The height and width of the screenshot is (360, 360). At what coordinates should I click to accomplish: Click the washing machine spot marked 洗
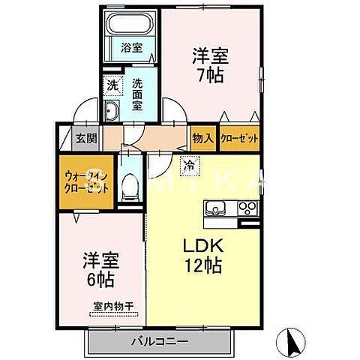point(111,85)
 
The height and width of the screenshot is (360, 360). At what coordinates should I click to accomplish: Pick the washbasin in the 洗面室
point(110,112)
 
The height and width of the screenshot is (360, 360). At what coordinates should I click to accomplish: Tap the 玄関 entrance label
point(86,138)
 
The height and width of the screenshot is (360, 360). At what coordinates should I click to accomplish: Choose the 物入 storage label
point(202,138)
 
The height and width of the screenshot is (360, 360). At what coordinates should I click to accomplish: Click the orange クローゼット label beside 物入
point(240,138)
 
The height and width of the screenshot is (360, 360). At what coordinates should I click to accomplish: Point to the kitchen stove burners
point(247,208)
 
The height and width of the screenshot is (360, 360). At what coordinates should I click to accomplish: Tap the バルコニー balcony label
point(159,340)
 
